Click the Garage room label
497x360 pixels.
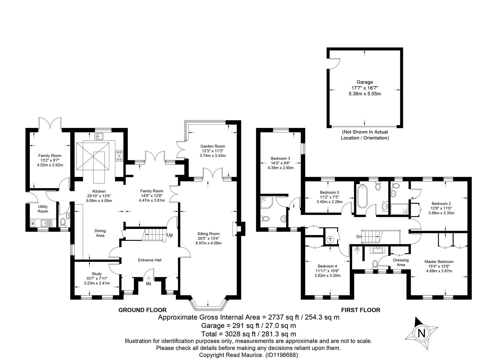[365, 82]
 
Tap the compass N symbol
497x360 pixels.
[421, 333]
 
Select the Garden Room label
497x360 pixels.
[213, 146]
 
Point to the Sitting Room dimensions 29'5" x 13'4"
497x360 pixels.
[208, 238]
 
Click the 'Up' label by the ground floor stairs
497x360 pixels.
[170, 235]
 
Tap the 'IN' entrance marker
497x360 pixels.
[148, 284]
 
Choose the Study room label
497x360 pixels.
[97, 274]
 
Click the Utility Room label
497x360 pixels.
[43, 209]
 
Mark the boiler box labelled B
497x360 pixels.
[33, 224]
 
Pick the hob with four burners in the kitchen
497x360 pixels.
[119, 156]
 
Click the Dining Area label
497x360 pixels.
[100, 233]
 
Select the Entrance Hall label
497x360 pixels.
[150, 260]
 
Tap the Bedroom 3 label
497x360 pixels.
[280, 158]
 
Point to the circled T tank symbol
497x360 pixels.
[330, 240]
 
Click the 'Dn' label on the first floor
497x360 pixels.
[359, 237]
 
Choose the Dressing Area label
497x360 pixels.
[401, 262]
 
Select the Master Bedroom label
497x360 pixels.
[439, 262]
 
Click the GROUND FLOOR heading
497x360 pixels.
[142, 310]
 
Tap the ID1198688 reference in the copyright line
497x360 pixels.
[281, 355]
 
